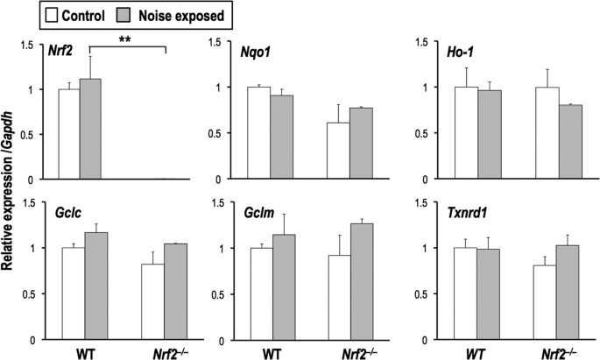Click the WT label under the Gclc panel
(x=80, y=350)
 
